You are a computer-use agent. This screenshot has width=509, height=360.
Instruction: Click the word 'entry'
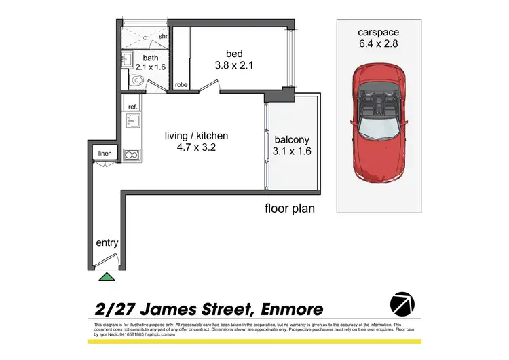pos(107,242)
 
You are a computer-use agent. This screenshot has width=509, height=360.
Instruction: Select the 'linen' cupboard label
pos(105,154)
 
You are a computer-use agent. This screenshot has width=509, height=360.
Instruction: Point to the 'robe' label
pos(181,85)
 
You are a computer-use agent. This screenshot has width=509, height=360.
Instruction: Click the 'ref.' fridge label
pos(133,107)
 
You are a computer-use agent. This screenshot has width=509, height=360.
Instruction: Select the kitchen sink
pos(132,123)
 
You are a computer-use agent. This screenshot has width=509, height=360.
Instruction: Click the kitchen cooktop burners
pos(132,154)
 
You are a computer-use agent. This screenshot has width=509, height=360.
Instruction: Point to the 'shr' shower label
pos(163,37)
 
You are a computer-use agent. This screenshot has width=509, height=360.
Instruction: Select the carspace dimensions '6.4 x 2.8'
pos(381,46)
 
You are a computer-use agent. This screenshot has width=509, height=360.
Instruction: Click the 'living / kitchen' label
pos(196,136)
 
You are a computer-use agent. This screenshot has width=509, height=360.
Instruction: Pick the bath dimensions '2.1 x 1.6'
pos(151,67)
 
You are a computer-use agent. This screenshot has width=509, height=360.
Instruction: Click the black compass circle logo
pos(402,304)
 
